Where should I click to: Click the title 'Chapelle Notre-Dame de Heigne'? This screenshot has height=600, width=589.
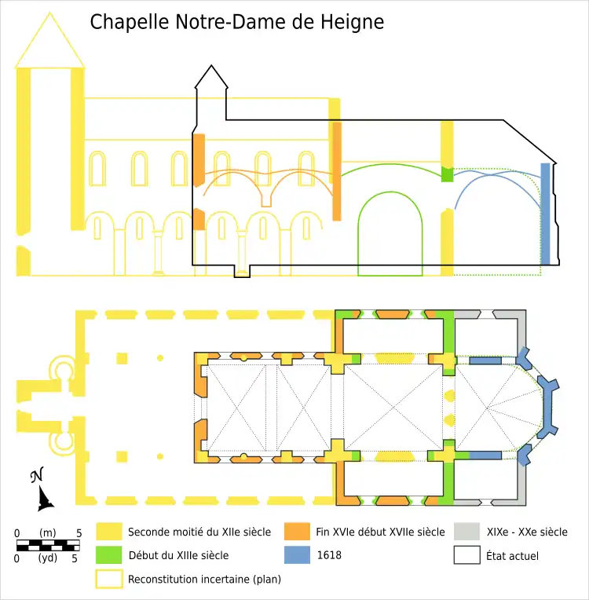[236, 21]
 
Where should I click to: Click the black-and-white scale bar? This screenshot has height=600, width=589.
[48, 545]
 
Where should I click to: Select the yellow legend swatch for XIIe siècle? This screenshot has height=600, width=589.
[109, 532]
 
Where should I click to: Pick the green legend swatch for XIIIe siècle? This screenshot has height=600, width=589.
[109, 555]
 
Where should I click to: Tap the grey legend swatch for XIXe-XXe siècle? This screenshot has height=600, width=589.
[466, 532]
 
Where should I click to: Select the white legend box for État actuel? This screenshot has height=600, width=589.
[466, 555]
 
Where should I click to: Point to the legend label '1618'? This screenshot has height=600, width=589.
[329, 555]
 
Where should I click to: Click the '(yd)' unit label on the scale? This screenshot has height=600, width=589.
[48, 558]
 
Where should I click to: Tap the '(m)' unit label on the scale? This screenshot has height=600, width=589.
[48, 533]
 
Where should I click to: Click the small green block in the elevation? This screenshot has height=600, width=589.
[448, 174]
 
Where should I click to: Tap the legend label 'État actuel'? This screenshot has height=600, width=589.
[512, 555]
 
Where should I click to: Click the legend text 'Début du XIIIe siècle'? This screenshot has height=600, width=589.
[178, 555]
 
